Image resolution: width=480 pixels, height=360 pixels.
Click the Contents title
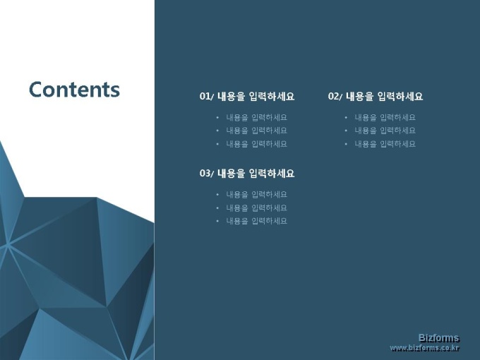[74, 90]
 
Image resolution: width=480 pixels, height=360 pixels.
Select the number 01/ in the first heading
[207, 97]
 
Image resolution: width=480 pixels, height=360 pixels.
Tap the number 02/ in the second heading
[335, 97]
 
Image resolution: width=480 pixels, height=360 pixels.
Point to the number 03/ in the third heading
[207, 174]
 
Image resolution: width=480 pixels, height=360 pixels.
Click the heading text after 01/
[256, 97]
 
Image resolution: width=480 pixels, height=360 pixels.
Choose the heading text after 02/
[385, 97]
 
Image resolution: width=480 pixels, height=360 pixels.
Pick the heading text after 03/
[256, 174]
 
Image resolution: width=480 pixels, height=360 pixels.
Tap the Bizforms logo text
[439, 338]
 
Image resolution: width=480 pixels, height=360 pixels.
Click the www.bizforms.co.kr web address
[425, 349]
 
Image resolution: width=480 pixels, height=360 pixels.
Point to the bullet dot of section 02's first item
[346, 118]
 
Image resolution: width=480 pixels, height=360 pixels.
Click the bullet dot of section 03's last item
[217, 221]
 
